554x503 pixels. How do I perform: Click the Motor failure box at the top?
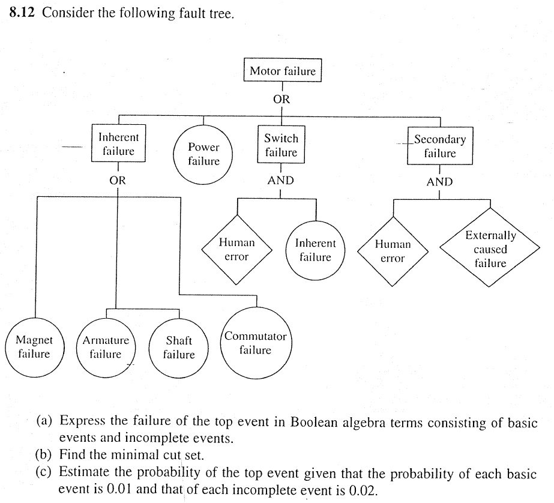tap(283, 71)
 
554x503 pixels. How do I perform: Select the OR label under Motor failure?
tap(282, 100)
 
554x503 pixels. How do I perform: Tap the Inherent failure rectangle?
tap(118, 144)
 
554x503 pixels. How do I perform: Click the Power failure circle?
tap(203, 154)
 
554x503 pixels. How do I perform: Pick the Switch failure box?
tap(281, 145)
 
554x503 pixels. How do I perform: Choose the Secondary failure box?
tap(440, 146)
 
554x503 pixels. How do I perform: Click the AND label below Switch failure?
tap(280, 180)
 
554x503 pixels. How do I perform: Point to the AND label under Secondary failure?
tap(439, 182)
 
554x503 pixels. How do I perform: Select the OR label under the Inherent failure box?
tap(117, 179)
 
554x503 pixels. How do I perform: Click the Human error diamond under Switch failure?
tap(236, 250)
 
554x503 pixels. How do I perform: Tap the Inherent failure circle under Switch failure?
tap(316, 250)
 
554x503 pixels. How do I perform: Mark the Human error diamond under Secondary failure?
tap(393, 251)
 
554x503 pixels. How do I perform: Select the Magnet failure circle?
tap(34, 347)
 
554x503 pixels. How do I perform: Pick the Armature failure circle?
tap(106, 347)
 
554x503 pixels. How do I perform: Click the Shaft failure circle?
tap(179, 347)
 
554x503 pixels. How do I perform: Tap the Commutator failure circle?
tap(255, 343)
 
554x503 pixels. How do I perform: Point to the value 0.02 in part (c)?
tap(363, 489)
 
